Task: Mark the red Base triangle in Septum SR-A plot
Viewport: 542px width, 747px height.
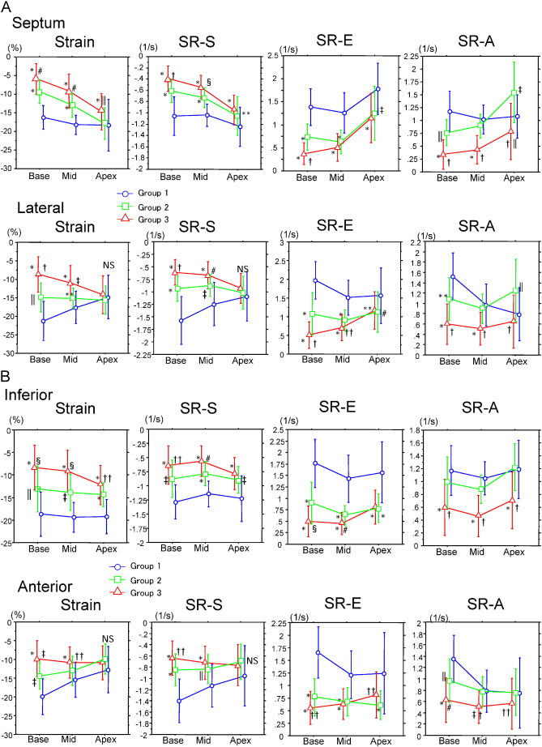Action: tap(442, 154)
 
